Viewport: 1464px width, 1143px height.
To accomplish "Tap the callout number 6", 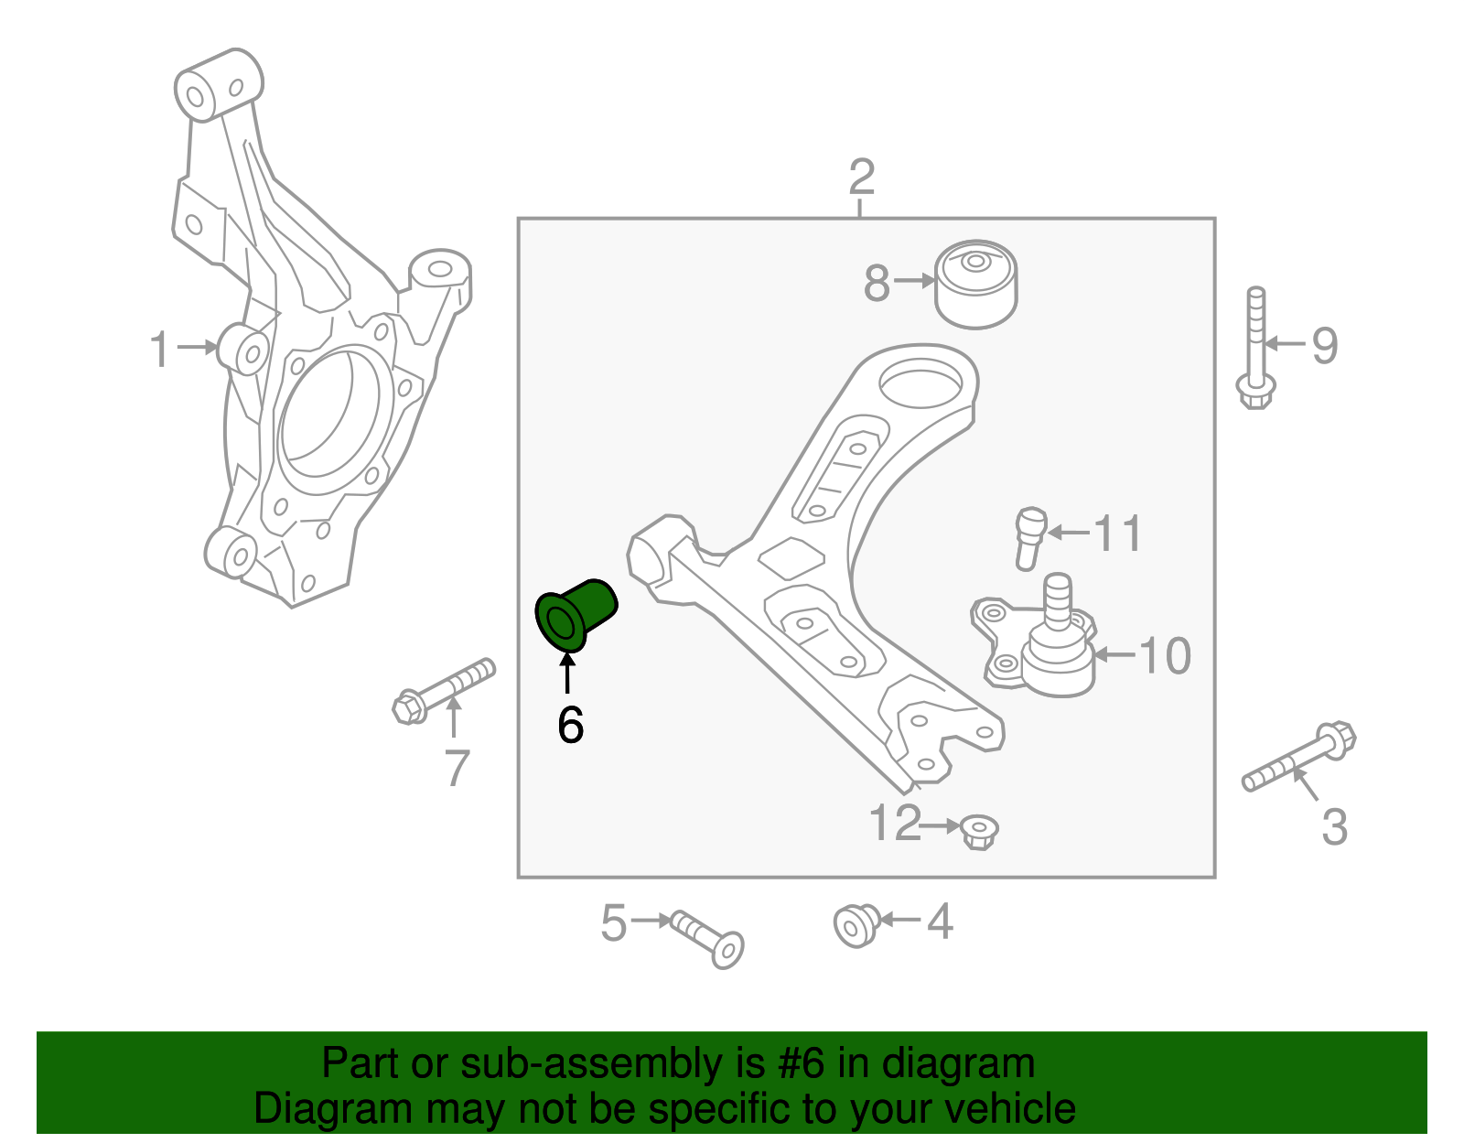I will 570,726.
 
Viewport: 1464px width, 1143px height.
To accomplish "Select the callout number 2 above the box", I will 861,178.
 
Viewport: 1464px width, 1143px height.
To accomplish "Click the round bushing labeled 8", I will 976,286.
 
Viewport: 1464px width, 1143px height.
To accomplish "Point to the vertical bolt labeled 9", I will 1255,348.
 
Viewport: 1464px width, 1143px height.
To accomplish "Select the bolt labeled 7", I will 444,690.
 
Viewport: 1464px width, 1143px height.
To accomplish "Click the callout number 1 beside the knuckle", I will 160,350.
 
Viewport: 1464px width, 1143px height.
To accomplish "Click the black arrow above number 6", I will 567,674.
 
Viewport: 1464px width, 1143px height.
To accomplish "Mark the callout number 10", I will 1165,656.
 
